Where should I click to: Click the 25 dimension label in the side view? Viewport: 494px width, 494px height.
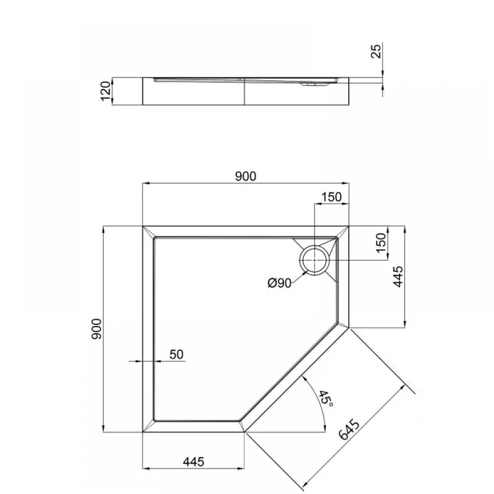coord(376,51)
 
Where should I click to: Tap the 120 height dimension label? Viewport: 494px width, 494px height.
coord(106,91)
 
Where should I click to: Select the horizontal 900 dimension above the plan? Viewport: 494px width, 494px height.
coord(246,176)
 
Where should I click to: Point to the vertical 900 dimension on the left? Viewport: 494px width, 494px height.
coord(96,329)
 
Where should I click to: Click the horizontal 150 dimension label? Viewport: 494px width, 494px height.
coord(331,197)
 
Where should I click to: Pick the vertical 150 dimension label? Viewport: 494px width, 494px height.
coord(381,243)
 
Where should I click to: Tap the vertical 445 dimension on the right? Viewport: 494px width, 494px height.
coord(399,277)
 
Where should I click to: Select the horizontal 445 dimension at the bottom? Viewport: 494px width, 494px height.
coord(194,462)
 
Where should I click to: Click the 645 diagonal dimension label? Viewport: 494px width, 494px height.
coord(349,429)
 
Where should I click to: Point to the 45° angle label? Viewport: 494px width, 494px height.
coord(326,398)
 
